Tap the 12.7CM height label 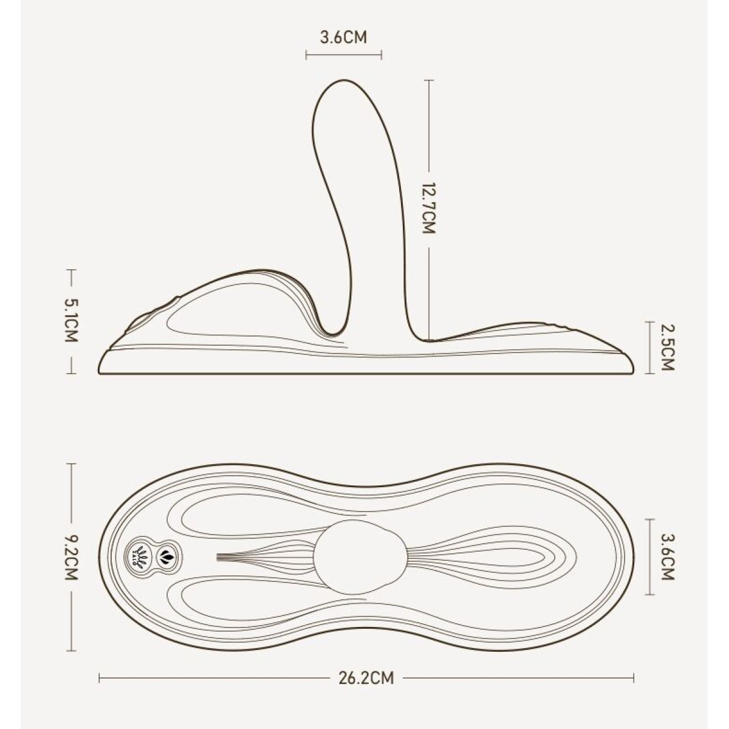[x=429, y=208]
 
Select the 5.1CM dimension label [x=71, y=321]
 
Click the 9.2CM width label [x=71, y=557]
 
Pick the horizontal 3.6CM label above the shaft [x=343, y=38]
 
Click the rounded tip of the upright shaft [x=343, y=81]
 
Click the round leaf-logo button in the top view [x=139, y=556]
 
